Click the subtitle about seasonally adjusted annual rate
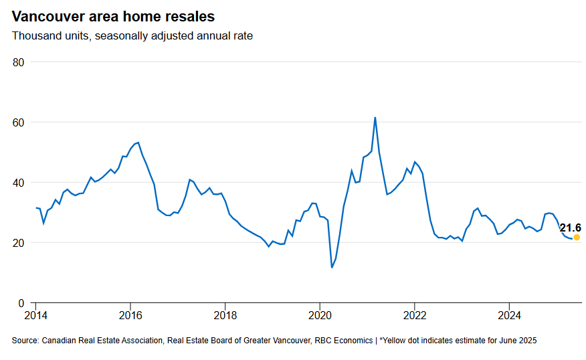point(132,35)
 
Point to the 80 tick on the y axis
point(18,62)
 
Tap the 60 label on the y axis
point(18,122)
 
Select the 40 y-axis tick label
point(18,183)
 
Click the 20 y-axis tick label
point(18,243)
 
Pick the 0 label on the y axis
point(21,303)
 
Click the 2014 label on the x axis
point(36,315)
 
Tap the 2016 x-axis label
point(130,315)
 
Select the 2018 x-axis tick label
point(225,315)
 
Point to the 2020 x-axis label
point(320,315)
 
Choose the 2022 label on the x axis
point(415,315)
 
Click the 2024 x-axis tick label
point(510,315)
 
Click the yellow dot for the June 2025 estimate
point(577,237)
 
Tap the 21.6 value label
point(570,228)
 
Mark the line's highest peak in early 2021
point(375,118)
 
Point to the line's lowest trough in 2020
point(332,268)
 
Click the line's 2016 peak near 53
point(138,143)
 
